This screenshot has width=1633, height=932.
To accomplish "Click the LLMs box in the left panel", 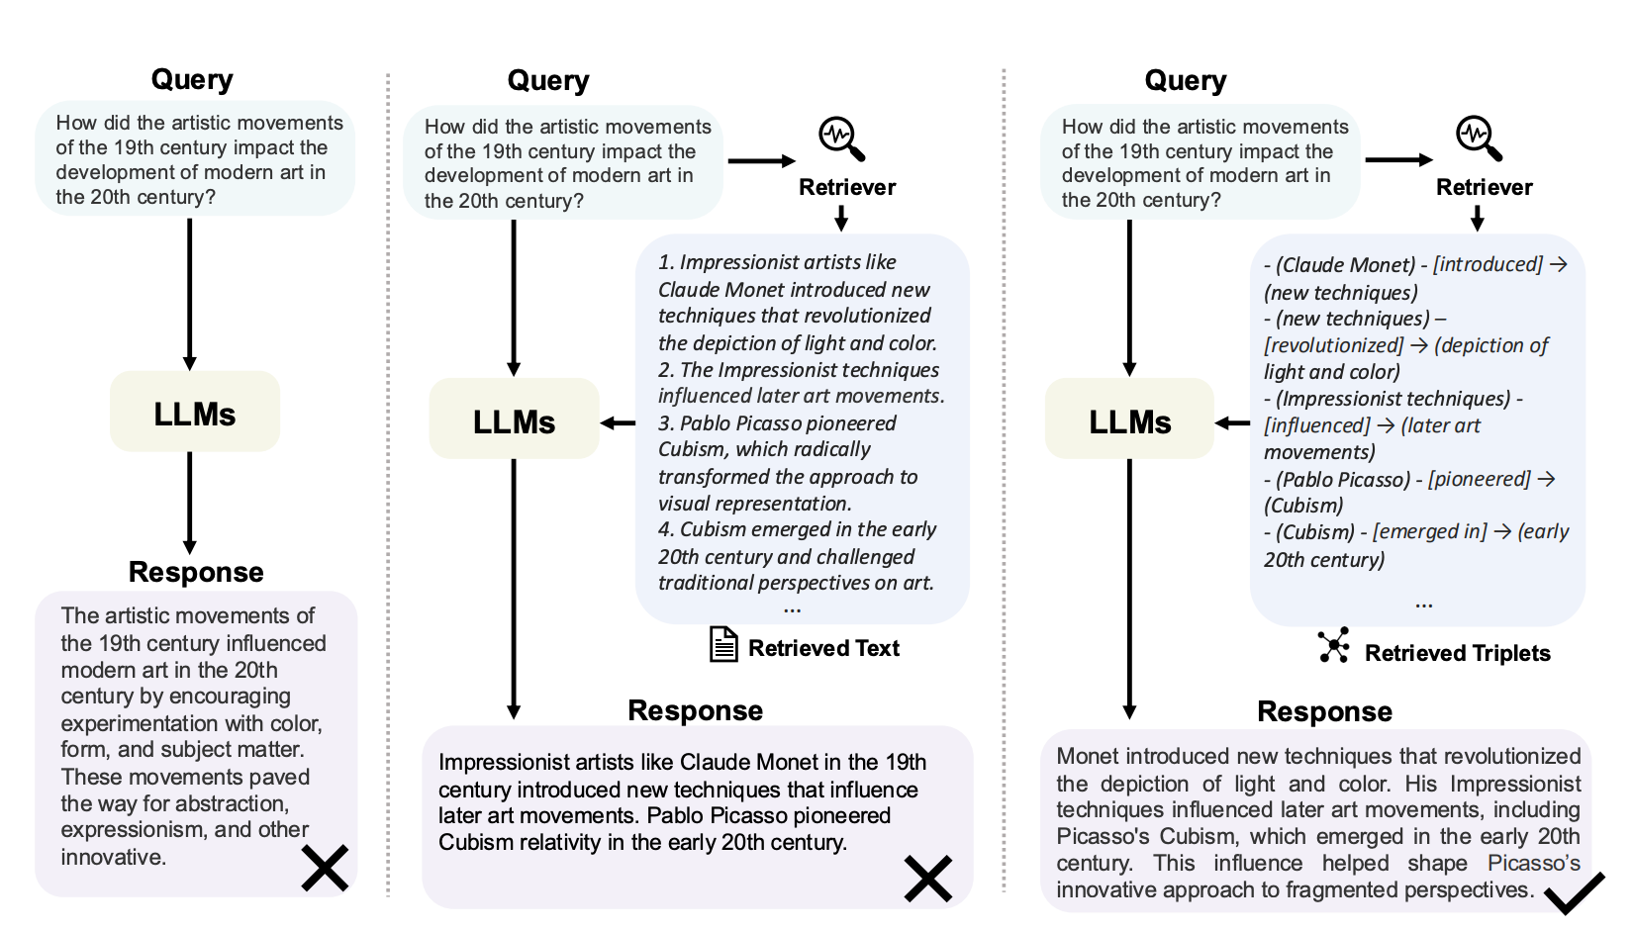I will click(x=195, y=413).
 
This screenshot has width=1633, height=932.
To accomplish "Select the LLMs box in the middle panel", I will click(x=514, y=420).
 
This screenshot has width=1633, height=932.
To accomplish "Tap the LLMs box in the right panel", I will click(x=1129, y=420).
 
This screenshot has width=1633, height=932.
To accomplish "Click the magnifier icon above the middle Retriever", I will click(x=841, y=139).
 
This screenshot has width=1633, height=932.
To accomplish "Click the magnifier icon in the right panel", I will click(x=1479, y=139).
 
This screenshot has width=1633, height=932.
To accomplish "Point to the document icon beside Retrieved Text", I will click(x=723, y=645).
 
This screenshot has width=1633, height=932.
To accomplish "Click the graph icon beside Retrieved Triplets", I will click(x=1334, y=646).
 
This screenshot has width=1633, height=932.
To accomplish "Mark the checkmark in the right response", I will click(x=1574, y=892).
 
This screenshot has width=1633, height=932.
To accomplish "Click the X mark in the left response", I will click(x=325, y=868).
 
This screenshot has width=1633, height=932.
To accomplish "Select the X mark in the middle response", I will click(x=927, y=878).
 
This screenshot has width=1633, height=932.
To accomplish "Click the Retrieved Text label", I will click(x=823, y=648).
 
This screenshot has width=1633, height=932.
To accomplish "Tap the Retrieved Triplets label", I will click(x=1457, y=653).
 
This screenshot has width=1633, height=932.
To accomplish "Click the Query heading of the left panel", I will click(x=192, y=79).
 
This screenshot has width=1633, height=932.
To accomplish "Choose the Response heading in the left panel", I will click(x=196, y=572).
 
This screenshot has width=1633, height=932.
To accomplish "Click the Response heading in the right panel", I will click(x=1324, y=711).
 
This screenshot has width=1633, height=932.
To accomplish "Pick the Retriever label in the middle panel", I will click(x=847, y=187).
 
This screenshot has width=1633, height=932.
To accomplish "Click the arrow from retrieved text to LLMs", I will click(x=619, y=422).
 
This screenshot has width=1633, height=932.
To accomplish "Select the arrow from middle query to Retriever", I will click(x=760, y=161).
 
